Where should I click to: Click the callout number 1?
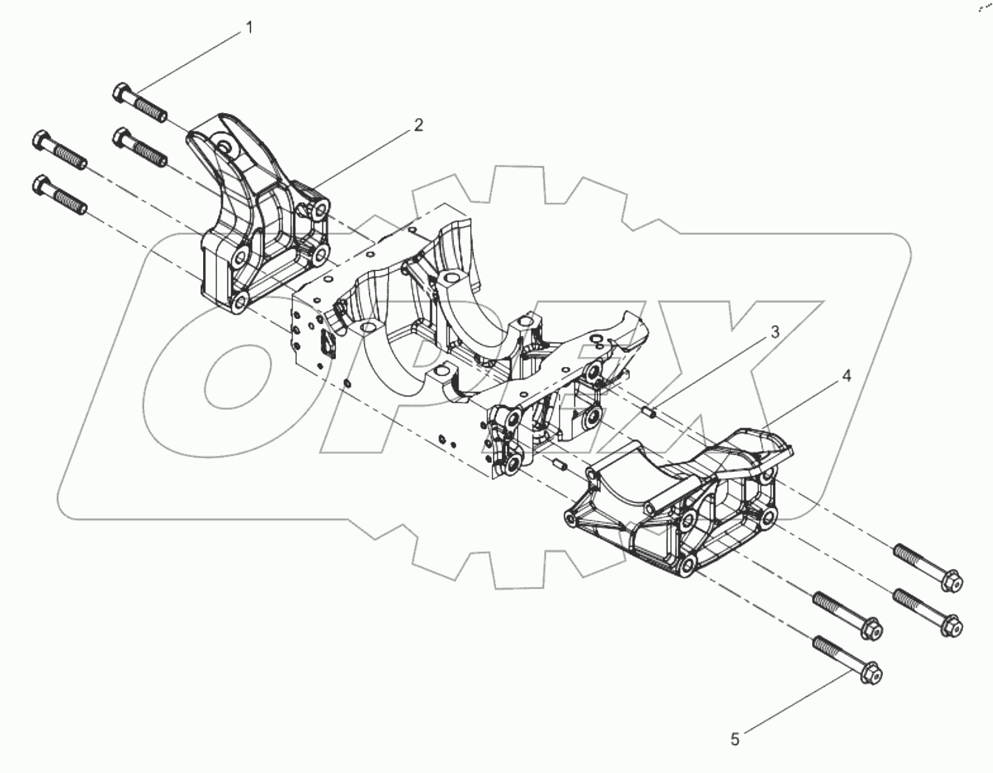(249, 28)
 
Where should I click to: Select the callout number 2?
(418, 125)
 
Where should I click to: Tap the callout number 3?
(774, 332)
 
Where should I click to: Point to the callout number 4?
(846, 376)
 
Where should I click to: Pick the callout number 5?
(734, 738)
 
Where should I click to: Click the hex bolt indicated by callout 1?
(140, 104)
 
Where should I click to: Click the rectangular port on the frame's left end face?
(326, 346)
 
